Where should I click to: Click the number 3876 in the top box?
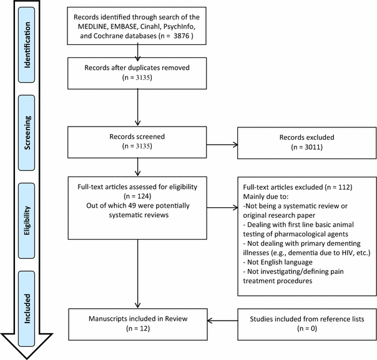coord(179,36)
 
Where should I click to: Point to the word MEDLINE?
coord(97,27)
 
